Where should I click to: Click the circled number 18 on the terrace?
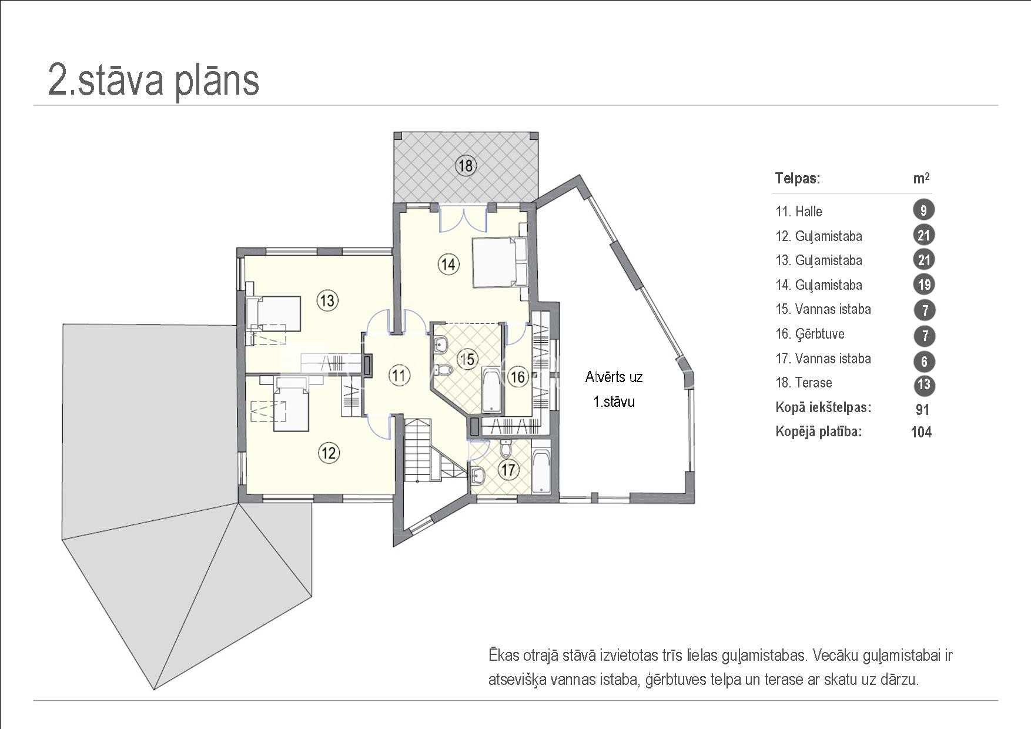click(466, 166)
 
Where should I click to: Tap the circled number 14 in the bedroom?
click(448, 265)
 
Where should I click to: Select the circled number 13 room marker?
click(327, 301)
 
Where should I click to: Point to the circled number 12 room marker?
click(329, 453)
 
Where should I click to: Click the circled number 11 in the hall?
click(400, 375)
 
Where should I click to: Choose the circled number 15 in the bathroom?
click(467, 359)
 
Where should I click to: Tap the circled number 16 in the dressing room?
click(518, 377)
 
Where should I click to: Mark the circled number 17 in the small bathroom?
click(508, 470)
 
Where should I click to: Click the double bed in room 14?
click(500, 262)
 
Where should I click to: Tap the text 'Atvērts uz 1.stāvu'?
click(614, 389)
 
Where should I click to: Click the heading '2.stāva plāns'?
click(153, 80)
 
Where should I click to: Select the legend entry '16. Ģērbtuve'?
click(810, 334)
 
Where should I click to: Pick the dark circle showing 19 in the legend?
click(924, 285)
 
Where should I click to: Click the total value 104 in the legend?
click(921, 432)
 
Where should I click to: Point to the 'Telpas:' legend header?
click(798, 178)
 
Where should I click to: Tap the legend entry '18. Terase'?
click(804, 383)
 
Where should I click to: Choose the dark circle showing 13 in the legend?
click(924, 384)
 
